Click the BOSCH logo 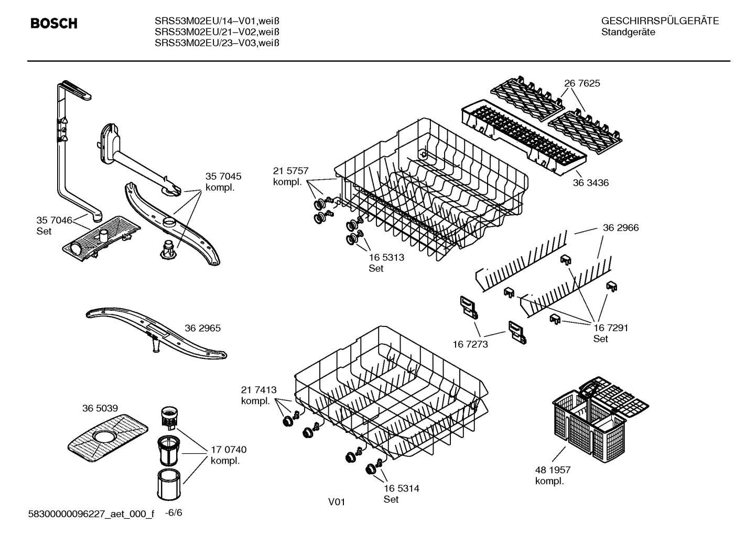coord(54,24)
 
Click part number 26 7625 coord(582,83)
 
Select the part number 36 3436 coord(590,183)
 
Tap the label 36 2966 coord(621,228)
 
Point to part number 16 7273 coord(470,344)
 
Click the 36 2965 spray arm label coord(202,329)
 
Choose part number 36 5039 coord(100,408)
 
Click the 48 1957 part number coord(553,470)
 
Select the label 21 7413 coord(258,390)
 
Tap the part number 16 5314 coord(401,488)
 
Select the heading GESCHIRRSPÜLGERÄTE coord(660,21)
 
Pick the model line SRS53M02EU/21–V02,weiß coord(217,32)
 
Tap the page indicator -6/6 coord(174,513)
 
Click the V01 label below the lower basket coord(337,502)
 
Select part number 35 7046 coord(54,220)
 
